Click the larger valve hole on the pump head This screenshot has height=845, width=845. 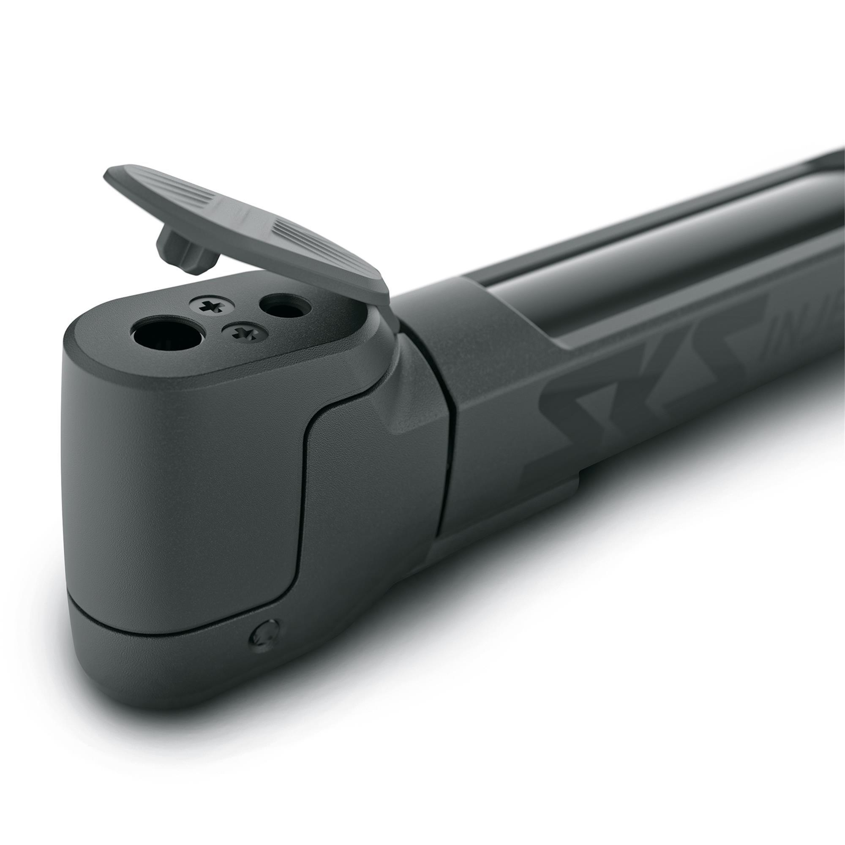(169, 337)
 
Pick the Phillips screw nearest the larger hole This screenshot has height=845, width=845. (245, 333)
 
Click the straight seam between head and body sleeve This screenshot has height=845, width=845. (446, 437)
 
